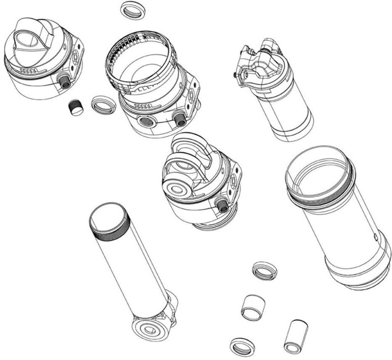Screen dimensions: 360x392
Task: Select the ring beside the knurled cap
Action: tap(103, 104)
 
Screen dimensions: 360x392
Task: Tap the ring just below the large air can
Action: tap(265, 271)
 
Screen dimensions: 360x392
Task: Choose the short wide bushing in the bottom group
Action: tap(254, 307)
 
